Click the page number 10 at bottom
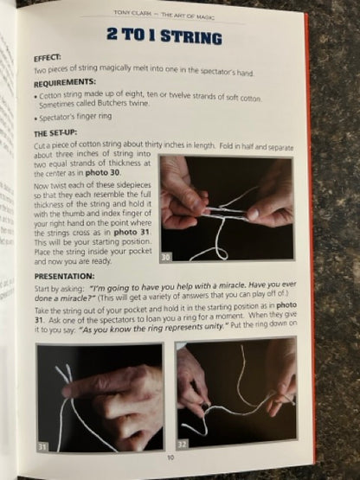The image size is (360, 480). pyautogui.click(x=170, y=458)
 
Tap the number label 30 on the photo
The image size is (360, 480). pyautogui.click(x=167, y=257)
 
